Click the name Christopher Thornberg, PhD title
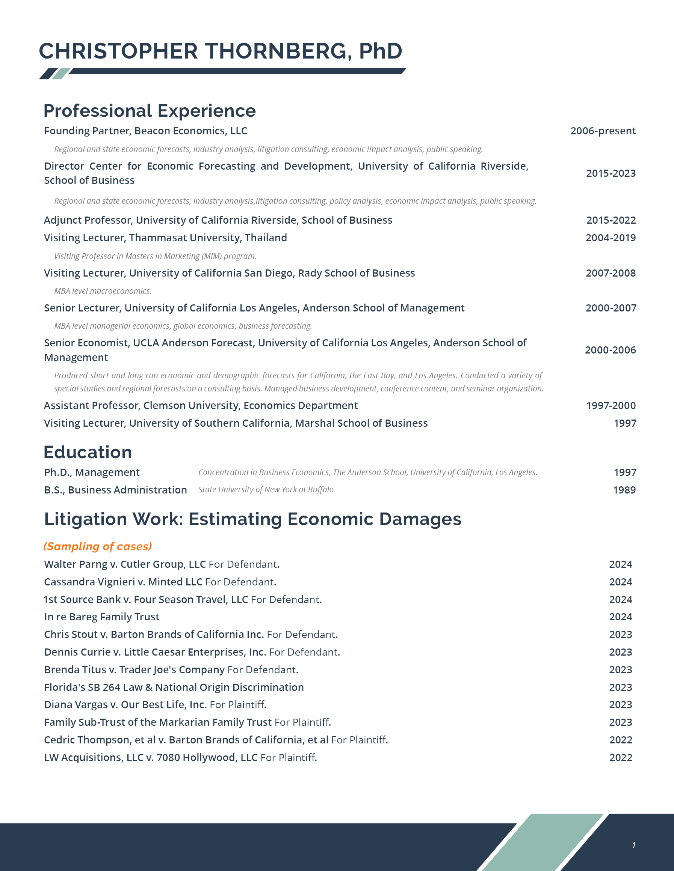(221, 51)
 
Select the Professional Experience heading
(149, 111)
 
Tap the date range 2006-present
(603, 131)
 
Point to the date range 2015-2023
(611, 173)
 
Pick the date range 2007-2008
(611, 273)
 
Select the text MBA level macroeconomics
(103, 291)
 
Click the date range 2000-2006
(610, 350)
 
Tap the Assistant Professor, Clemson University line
(201, 405)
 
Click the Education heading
(88, 452)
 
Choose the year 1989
(624, 490)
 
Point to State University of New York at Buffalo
(266, 490)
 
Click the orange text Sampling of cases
(98, 546)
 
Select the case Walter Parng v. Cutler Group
(125, 564)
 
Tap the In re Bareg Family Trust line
(102, 617)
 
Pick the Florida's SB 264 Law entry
(174, 687)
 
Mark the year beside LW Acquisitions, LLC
(621, 757)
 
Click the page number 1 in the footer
(634, 845)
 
